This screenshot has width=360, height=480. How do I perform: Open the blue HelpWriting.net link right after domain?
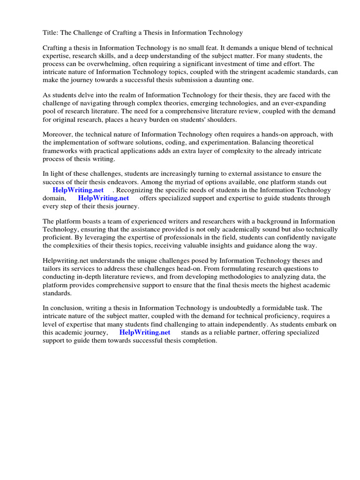[x=104, y=198]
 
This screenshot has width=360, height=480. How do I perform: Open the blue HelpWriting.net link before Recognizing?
[x=78, y=190]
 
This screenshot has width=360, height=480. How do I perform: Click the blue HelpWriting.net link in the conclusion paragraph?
[x=145, y=332]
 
